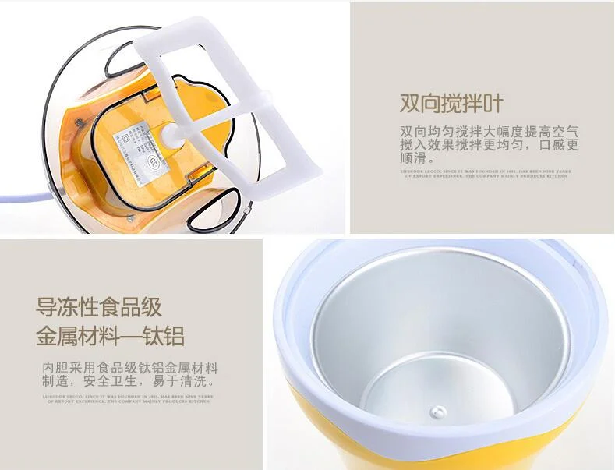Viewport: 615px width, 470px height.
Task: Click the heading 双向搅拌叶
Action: [x=451, y=104]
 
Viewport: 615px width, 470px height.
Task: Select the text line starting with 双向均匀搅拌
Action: [x=490, y=132]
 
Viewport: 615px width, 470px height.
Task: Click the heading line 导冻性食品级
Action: [x=99, y=305]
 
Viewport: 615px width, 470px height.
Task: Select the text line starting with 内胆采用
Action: [x=129, y=368]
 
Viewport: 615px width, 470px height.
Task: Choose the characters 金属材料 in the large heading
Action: [x=76, y=337]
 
